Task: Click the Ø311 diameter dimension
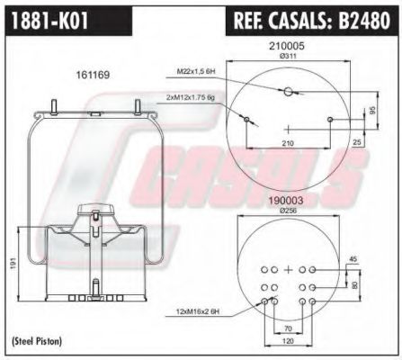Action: [x=289, y=56]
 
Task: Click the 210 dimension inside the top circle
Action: [x=288, y=144]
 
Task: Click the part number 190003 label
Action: [x=288, y=202]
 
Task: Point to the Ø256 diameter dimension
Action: [x=288, y=211]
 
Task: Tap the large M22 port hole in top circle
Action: [x=289, y=92]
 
